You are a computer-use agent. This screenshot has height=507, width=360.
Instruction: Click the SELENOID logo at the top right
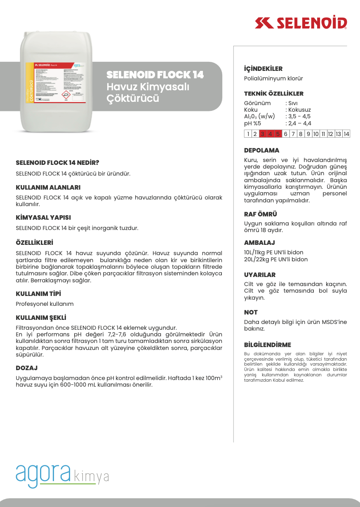[301, 23]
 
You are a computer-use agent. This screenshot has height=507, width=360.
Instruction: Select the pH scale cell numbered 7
[293, 134]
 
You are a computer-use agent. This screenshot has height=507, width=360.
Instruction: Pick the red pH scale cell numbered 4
[270, 134]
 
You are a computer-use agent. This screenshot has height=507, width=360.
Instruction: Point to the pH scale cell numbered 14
[346, 134]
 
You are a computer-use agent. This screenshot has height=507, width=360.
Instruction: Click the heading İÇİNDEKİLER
[263, 69]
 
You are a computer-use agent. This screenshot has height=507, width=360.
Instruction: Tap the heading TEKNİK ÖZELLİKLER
[273, 94]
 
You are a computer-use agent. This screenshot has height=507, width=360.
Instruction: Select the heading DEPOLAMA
[261, 150]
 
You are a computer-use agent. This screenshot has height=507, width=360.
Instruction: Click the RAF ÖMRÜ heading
[261, 214]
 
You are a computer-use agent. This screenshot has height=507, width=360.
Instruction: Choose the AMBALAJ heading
[259, 243]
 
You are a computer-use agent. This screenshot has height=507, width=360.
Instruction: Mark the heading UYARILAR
[260, 275]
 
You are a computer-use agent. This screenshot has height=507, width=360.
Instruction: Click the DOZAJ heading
[26, 368]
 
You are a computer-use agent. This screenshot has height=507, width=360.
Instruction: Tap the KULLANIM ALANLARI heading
[48, 188]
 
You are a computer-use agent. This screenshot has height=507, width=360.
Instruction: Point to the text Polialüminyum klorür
[273, 78]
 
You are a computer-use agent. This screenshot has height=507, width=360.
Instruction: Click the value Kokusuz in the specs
[299, 110]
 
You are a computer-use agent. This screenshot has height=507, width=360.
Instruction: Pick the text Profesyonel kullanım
[45, 304]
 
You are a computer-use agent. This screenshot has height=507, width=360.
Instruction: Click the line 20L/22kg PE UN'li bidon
[276, 259]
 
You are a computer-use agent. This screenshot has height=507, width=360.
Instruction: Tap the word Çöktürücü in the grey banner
[133, 99]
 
